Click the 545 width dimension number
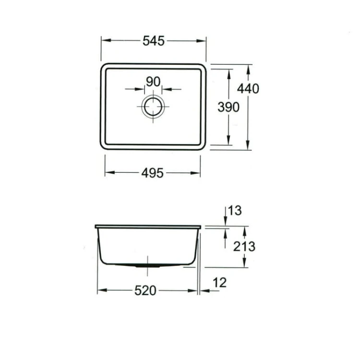153,41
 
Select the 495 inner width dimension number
153,173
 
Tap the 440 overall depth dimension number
248,88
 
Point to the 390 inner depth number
228,108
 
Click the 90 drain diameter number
153,82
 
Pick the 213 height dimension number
244,246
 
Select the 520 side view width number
145,290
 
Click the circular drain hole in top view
153,106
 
